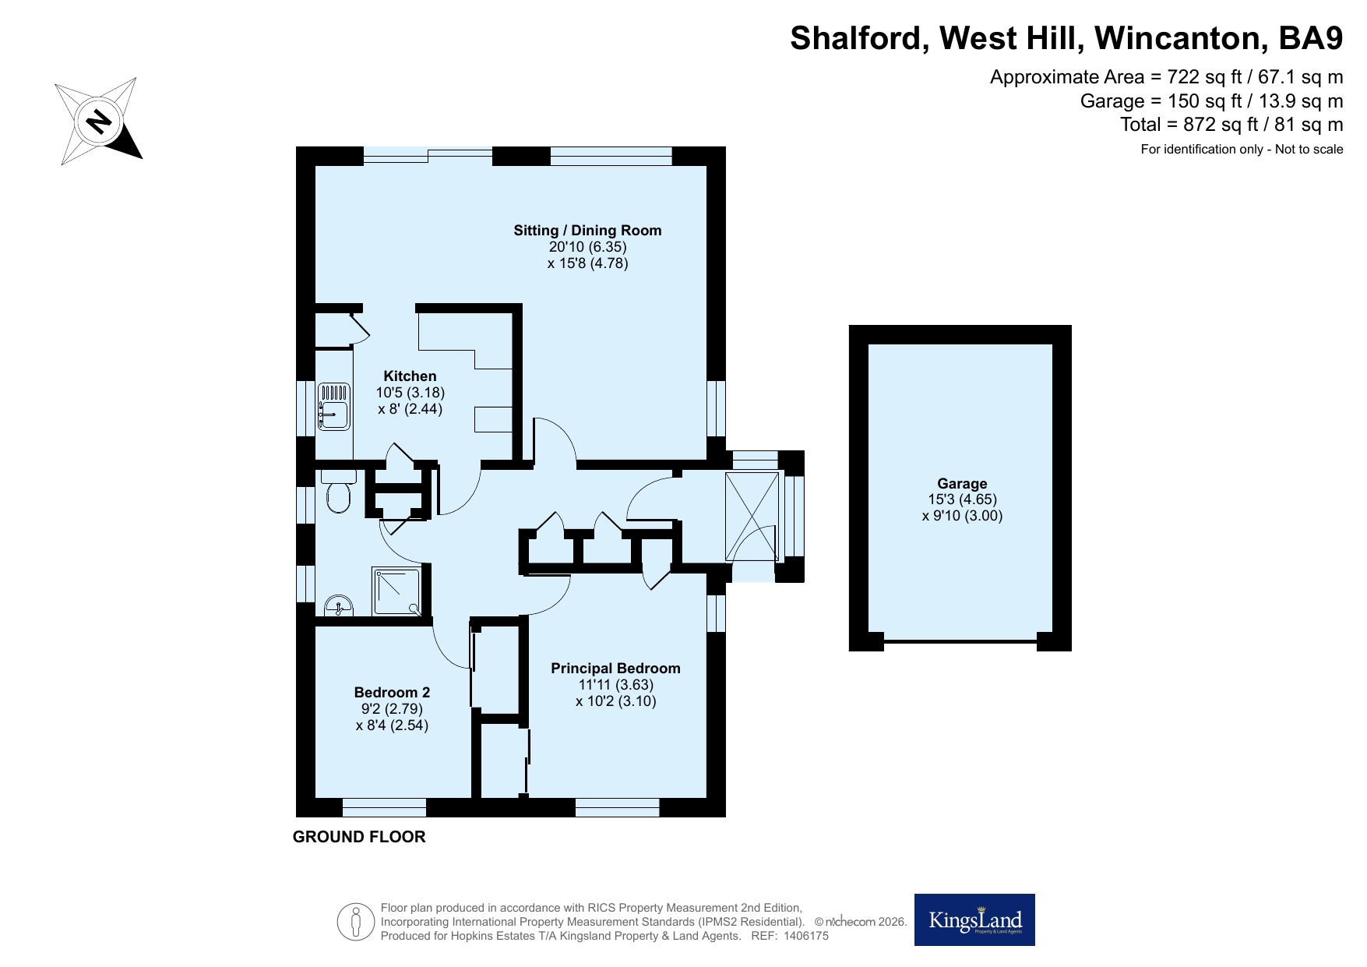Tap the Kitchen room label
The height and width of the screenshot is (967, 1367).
coord(410,376)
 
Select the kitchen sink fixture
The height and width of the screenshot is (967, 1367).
coord(333,405)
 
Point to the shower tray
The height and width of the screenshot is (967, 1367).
coord(397,591)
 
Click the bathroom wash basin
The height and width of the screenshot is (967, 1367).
coord(338,605)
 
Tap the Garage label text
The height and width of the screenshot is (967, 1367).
coord(962,483)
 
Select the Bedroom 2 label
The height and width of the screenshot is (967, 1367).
coord(392,692)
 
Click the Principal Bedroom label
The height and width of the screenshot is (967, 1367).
coord(615,668)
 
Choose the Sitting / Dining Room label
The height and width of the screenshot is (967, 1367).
coord(587,230)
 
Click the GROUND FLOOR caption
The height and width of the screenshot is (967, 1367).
coord(359,837)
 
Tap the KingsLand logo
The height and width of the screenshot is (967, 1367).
coord(974,919)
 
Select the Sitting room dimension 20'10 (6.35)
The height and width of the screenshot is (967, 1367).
coord(587,247)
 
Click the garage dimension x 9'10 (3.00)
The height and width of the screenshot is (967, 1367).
coord(962,516)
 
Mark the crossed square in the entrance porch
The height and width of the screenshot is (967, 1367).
coord(752,516)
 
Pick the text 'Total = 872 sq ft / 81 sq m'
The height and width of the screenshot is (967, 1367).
coord(1231,125)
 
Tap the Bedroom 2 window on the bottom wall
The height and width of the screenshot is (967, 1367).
coord(384,806)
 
